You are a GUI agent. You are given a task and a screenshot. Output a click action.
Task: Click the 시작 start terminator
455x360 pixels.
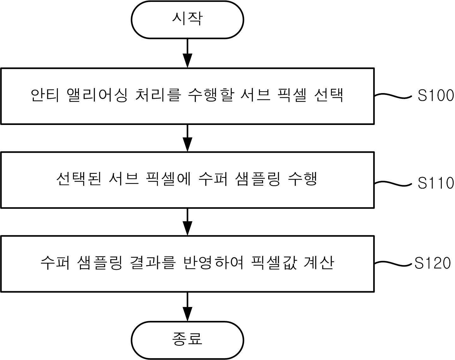click(187, 20)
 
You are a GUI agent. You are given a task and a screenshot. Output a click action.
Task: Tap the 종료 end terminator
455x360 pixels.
click(187, 340)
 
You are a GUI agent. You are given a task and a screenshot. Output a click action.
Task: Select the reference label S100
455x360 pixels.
click(436, 95)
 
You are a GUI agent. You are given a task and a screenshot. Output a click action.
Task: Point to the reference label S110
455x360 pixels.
click(436, 183)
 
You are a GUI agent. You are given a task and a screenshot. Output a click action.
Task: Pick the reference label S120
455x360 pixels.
click(433, 263)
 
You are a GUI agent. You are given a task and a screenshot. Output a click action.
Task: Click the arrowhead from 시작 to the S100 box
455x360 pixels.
click(187, 61)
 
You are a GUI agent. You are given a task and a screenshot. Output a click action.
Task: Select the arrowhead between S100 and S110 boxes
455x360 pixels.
click(187, 145)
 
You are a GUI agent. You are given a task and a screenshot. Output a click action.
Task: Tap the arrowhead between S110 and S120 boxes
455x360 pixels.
click(187, 228)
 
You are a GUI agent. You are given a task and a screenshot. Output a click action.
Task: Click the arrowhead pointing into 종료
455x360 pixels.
click(187, 314)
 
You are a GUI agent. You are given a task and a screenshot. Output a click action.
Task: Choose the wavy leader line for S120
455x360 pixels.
click(393, 264)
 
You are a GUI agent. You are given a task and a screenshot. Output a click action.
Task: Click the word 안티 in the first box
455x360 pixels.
click(45, 95)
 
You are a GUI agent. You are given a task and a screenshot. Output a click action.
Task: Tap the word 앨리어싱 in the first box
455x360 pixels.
click(97, 95)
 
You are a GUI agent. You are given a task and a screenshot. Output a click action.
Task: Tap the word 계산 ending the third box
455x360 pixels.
click(319, 263)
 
